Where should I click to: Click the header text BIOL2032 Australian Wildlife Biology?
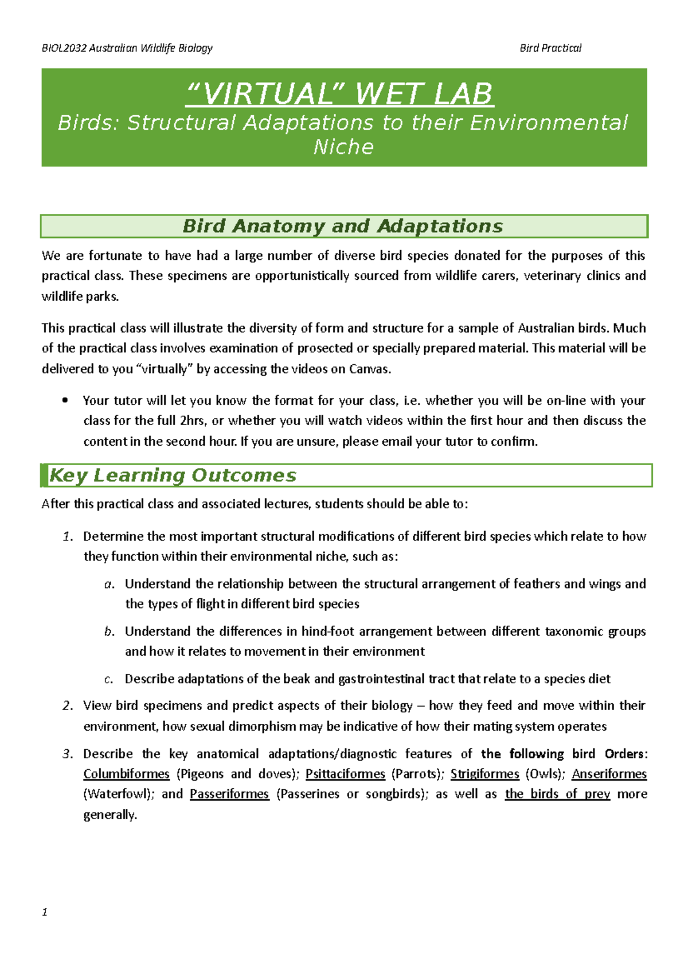click(x=127, y=48)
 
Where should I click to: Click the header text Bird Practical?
click(x=550, y=48)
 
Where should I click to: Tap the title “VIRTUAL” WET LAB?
click(x=339, y=94)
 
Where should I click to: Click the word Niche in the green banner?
click(x=343, y=147)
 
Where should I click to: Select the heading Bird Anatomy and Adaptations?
click(x=343, y=226)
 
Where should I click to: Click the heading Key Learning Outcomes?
click(x=173, y=476)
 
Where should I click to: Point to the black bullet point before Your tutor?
click(x=65, y=400)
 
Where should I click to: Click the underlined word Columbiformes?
click(x=126, y=774)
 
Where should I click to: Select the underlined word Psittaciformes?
click(x=345, y=774)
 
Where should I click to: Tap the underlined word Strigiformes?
click(x=484, y=774)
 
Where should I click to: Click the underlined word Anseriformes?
click(x=609, y=774)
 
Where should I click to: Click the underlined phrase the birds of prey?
click(x=557, y=794)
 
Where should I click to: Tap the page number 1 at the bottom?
click(x=45, y=912)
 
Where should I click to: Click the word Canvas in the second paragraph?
click(x=369, y=369)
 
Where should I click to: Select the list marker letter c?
click(x=108, y=679)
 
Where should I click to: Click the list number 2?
click(x=68, y=706)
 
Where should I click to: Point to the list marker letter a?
click(x=108, y=584)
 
